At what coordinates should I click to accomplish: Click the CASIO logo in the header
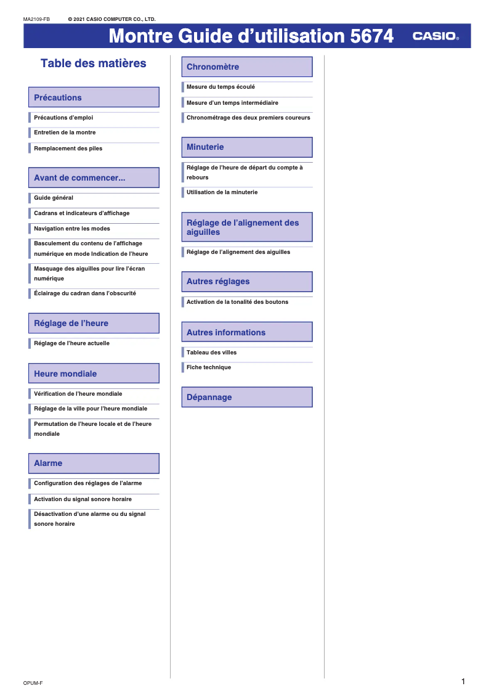coord(435,36)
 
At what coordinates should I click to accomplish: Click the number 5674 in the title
coord(371,36)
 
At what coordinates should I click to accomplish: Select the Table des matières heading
coord(94,63)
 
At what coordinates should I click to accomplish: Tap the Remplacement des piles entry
coord(68,149)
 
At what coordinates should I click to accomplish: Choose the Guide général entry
coord(54,198)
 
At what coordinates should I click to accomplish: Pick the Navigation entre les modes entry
coord(72,229)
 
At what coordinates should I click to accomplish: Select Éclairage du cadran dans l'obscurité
coord(85,293)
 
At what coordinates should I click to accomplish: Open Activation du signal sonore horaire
coord(83,499)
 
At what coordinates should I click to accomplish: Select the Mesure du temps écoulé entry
coord(221,87)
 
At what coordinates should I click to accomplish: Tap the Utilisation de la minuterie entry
coord(222,192)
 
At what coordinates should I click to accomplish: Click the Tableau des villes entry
coord(211,353)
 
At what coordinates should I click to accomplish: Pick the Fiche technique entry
coord(209,367)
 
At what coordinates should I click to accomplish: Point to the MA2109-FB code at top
coord(36,19)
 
